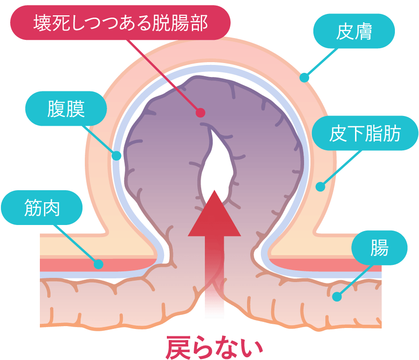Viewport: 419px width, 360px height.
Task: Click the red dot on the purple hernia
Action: pos(200,113)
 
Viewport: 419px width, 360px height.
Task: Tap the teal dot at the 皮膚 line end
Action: pos(304,77)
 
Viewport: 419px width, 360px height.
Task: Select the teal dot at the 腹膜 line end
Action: pos(116,155)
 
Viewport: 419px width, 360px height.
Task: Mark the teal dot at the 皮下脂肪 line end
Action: pos(320,187)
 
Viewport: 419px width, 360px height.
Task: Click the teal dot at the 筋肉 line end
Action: pos(98,264)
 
